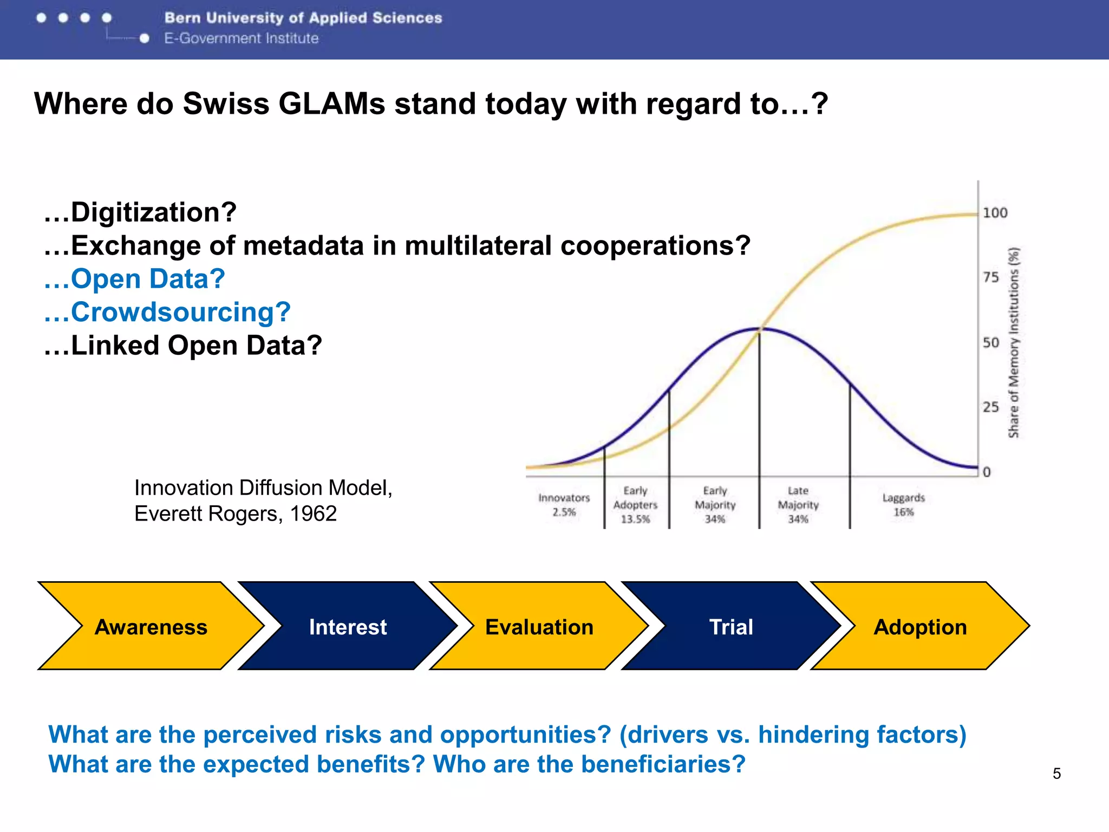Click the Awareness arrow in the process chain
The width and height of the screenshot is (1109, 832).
(151, 627)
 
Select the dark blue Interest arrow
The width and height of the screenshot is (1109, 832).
(348, 627)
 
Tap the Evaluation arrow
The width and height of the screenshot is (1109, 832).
(539, 627)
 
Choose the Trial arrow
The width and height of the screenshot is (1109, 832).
(731, 627)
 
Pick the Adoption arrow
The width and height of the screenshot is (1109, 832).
(920, 627)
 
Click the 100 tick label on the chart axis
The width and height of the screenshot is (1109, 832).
(995, 213)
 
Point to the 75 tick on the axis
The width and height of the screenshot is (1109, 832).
(991, 277)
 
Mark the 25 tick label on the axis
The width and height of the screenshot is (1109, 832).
(991, 407)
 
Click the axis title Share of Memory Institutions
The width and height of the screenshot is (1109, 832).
(1013, 342)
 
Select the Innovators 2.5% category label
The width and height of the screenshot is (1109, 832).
(564, 505)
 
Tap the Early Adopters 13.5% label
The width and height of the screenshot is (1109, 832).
(635, 505)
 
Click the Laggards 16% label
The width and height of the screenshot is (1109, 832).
(903, 505)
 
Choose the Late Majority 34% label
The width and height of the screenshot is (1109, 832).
(798, 505)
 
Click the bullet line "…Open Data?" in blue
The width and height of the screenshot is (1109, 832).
(134, 279)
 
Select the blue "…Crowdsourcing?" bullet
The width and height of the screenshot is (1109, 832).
(167, 312)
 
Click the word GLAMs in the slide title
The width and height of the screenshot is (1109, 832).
(331, 103)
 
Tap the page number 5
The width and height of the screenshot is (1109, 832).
(1056, 773)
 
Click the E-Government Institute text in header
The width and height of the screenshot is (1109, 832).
(242, 38)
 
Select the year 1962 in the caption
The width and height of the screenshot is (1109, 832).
(313, 513)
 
